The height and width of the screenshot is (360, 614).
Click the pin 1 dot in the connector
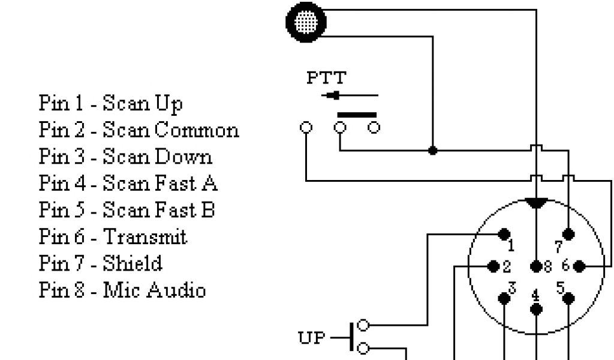504,234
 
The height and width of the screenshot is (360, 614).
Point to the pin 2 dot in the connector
494,265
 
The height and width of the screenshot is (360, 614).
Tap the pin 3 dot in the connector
505,298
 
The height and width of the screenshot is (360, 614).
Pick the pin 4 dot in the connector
536,308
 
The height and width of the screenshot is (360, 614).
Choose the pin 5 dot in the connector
568,298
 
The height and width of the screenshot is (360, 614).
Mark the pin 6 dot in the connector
579,265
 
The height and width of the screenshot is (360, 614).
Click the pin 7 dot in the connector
568,234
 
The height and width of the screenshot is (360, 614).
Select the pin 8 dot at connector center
536,265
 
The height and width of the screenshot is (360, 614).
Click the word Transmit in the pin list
146,236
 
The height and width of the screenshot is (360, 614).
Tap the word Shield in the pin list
133,263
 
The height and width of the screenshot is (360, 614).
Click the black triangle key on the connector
536,203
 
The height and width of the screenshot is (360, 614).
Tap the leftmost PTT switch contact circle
306,127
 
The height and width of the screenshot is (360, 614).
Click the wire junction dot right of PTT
432,150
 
